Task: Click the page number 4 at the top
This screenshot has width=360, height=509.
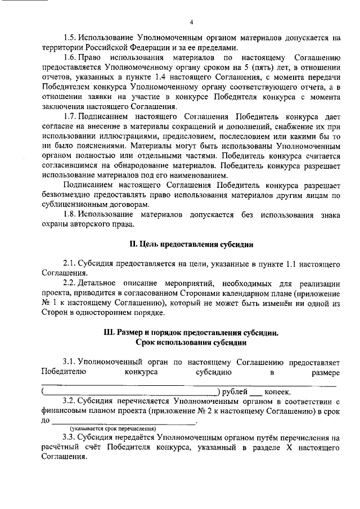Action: click(x=191, y=22)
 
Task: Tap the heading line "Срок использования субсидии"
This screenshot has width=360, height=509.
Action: click(x=191, y=343)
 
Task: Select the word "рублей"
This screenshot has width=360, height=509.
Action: click(x=235, y=391)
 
